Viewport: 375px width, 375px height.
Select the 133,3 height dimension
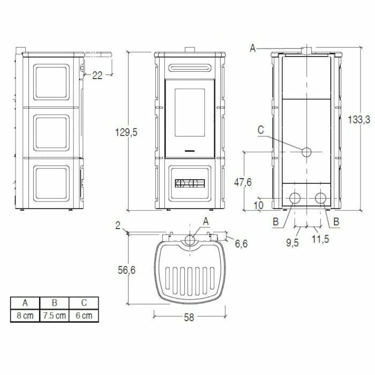pyautogui.click(x=360, y=121)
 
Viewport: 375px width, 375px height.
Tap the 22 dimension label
pyautogui.click(x=97, y=76)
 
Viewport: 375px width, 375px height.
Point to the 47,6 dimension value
pyautogui.click(x=243, y=182)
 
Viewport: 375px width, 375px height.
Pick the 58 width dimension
pyautogui.click(x=189, y=317)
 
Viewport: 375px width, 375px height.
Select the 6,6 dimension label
pyautogui.click(x=242, y=244)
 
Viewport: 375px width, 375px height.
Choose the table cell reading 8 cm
pyautogui.click(x=25, y=316)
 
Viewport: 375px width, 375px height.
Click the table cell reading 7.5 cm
pyautogui.click(x=54, y=316)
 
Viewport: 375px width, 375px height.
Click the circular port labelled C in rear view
pyautogui.click(x=306, y=152)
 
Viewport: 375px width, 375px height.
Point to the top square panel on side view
pyautogui.click(x=52, y=83)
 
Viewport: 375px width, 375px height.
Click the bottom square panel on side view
pyautogui.click(x=52, y=183)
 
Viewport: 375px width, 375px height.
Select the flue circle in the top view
pyautogui.click(x=189, y=240)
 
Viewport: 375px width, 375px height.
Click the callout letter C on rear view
pyautogui.click(x=260, y=130)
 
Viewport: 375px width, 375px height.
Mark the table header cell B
pyautogui.click(x=54, y=303)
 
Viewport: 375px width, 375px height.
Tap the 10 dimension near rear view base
pyautogui.click(x=259, y=205)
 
